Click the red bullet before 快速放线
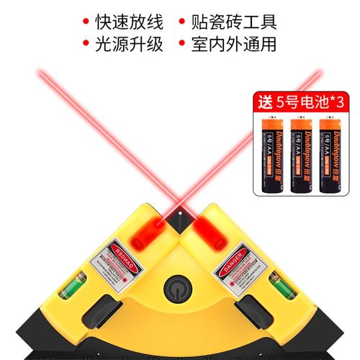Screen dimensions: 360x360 pos(86,20)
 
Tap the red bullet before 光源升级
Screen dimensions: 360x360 pos(86,44)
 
